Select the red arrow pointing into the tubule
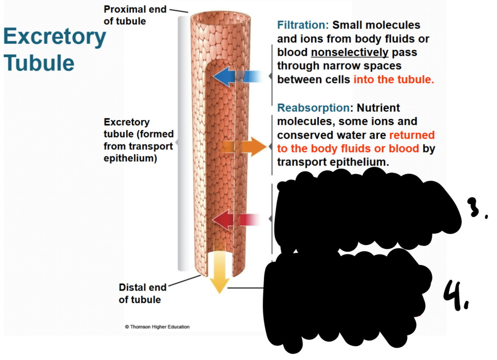click(228, 220)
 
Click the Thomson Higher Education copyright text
click(157, 327)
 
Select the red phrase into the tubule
click(394, 80)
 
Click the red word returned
click(412, 135)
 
